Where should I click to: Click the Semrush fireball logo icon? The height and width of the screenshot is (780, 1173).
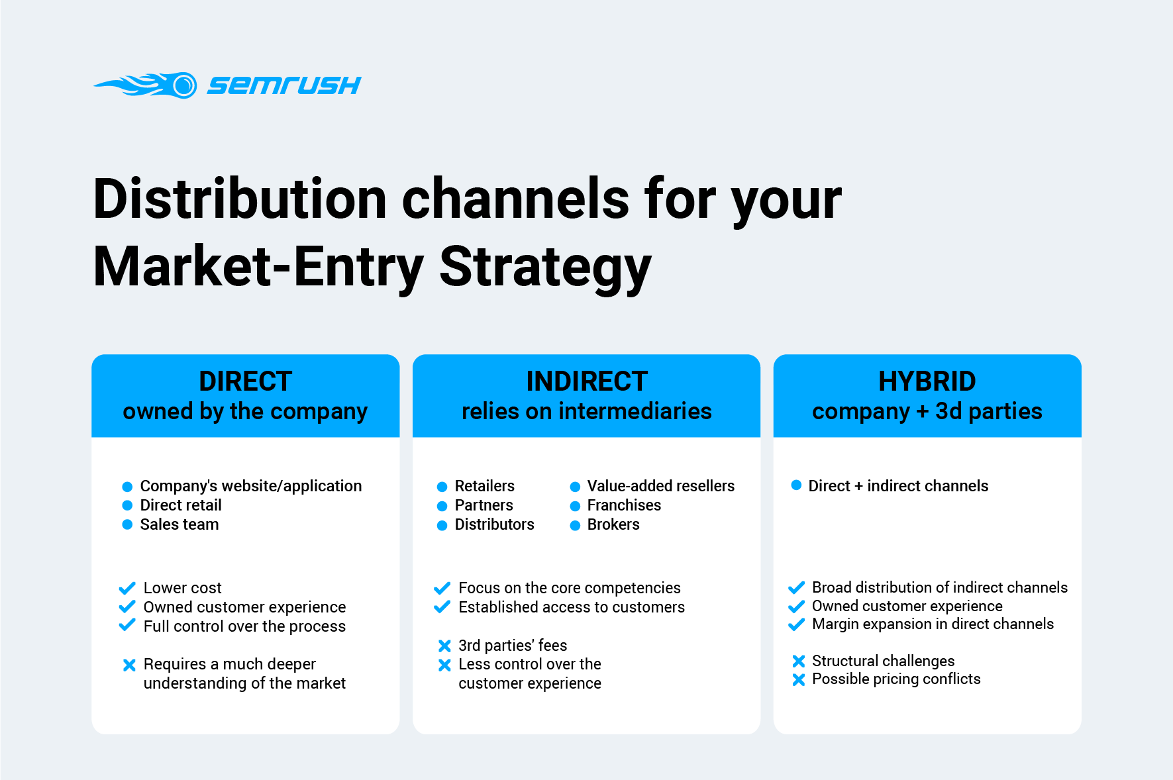pos(146,85)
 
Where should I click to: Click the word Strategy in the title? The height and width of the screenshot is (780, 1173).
pos(545,268)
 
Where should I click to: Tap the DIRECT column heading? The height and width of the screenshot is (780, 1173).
pos(246,381)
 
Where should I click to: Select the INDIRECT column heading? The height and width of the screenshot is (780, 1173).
pos(587,381)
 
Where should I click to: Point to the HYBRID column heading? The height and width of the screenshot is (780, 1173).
pos(927,381)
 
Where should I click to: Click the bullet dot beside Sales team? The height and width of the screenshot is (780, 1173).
pos(128,524)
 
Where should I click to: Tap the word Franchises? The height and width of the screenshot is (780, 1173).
pos(624,505)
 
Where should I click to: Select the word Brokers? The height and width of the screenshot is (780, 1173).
pos(613,524)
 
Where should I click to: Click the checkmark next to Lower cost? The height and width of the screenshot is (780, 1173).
pos(127,587)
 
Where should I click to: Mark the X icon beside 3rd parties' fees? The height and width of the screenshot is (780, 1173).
pos(444,646)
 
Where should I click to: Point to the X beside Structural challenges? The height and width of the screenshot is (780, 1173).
pos(799,661)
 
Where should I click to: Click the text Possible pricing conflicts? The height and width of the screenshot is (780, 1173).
pos(896,679)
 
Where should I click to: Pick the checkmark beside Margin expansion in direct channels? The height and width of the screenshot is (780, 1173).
pos(797,624)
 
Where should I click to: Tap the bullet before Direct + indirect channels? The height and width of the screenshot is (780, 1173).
pos(797,485)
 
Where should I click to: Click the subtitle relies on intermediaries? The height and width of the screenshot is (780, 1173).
pos(587,411)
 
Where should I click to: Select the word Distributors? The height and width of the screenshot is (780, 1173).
pos(494,524)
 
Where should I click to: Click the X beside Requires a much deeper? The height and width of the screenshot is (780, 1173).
pos(130,665)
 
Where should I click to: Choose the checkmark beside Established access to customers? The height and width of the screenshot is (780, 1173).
pos(442,607)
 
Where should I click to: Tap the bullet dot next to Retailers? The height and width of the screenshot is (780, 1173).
pos(442,487)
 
